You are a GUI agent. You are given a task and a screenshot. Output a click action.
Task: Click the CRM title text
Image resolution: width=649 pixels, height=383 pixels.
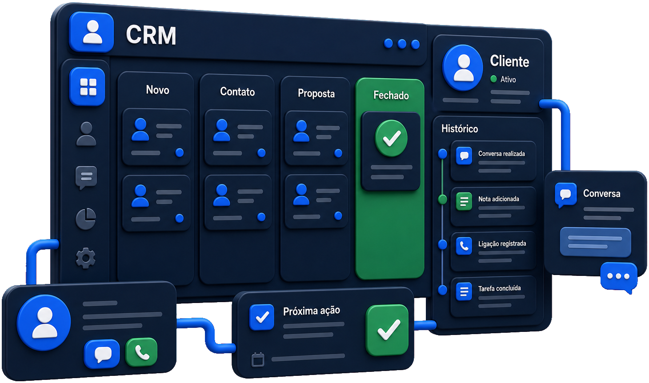pos(151,35)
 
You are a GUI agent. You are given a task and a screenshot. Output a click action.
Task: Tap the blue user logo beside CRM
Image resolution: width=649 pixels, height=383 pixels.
pos(91,32)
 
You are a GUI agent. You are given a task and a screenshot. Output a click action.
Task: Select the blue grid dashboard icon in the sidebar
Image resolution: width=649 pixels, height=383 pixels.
pos(87,87)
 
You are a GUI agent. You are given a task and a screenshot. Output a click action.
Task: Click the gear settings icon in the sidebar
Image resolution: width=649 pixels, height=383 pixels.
pos(85,258)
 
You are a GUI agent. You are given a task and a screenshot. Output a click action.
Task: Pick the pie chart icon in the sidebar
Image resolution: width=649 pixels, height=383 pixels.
pos(86,219)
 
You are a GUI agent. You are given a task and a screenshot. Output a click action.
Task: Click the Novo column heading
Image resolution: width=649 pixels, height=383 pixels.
pos(157,90)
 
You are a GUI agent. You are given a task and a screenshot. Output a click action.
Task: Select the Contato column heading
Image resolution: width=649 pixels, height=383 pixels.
pos(237,92)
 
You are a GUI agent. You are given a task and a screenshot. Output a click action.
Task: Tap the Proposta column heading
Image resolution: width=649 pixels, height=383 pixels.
pos(316,93)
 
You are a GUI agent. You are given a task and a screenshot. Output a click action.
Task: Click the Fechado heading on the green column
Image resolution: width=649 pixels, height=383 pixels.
pos(391,95)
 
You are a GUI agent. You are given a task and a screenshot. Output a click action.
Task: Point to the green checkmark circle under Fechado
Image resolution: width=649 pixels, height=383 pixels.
pos(391,138)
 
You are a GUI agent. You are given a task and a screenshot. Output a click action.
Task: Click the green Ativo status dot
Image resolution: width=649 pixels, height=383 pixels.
pos(493,79)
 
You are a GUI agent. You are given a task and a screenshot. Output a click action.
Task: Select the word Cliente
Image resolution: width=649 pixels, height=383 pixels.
pos(509,61)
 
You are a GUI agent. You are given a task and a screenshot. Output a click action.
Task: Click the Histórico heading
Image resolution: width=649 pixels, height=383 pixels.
pos(460,129)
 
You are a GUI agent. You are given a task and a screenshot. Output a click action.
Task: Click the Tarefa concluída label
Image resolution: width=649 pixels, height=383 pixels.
pos(500,288)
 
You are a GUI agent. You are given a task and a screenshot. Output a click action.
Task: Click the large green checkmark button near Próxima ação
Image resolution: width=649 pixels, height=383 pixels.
pos(387,330)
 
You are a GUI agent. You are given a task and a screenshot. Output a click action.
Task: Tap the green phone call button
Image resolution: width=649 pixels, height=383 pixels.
pos(141,352)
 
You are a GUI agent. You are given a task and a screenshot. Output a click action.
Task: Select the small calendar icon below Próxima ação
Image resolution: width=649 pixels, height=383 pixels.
pos(257,359)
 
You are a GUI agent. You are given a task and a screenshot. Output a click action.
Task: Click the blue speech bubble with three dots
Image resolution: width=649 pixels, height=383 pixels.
pos(619,277)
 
